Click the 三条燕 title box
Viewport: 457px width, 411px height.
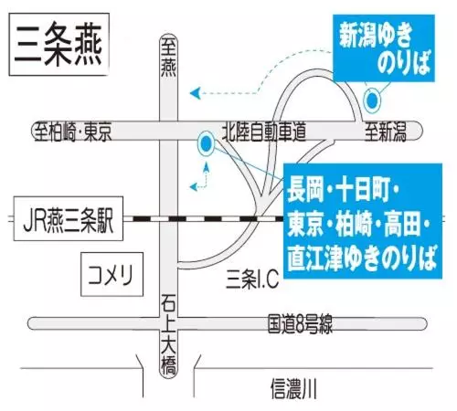point(59,45)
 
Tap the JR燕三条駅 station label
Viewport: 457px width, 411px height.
point(69,218)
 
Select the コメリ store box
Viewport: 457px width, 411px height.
point(112,274)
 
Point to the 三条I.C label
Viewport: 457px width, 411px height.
point(252,279)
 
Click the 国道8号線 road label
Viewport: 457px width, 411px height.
point(300,324)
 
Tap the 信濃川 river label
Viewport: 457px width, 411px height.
point(293,388)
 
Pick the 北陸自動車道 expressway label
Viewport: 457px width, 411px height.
point(264,132)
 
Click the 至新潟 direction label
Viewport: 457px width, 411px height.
point(386,132)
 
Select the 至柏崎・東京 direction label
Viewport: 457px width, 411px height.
point(73,132)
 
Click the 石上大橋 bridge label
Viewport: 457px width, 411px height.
point(168,334)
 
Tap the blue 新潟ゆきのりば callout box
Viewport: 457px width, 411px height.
point(384,47)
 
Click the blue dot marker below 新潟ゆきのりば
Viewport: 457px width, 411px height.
point(372,100)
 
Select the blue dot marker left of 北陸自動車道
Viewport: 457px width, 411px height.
point(206,144)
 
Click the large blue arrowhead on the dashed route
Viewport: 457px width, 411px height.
point(195,93)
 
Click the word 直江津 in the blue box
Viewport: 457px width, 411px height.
point(316,258)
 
